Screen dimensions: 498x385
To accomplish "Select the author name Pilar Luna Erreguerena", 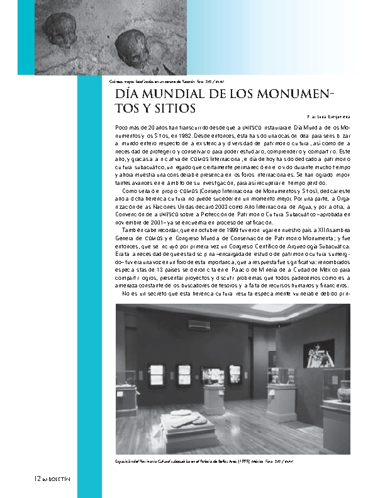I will (328, 117).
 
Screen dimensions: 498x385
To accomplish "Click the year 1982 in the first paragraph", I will (172, 135).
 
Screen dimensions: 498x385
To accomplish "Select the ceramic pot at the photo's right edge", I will (343, 390).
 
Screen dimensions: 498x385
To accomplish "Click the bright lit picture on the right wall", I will (318, 353).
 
